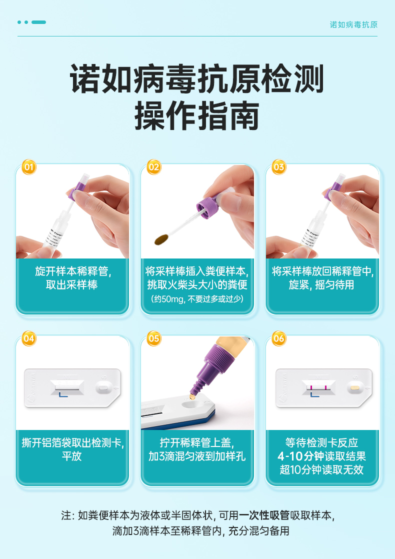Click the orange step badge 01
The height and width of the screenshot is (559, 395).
pos(29,167)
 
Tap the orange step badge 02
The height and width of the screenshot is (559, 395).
pos(154,167)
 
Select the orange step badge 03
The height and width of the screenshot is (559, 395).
pos(279,167)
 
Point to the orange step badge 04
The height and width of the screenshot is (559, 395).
pos(29,338)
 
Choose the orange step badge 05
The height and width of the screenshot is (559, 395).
pos(154,338)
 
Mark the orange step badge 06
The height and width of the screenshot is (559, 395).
pos(279,338)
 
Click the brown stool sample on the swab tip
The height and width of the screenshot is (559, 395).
pos(161,239)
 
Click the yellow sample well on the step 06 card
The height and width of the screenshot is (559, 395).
pos(354,387)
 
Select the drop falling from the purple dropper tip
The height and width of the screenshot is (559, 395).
pos(192,396)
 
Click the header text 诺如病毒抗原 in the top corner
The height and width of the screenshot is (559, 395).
pos(353,24)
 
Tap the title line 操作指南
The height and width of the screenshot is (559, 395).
pos(197,115)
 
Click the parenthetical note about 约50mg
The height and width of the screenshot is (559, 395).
pos(197,299)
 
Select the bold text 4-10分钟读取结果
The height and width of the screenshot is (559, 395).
pos(321,456)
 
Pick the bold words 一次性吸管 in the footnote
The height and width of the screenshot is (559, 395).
pos(264,515)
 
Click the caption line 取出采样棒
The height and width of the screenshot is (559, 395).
pos(71,285)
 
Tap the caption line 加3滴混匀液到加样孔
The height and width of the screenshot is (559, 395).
pos(197,456)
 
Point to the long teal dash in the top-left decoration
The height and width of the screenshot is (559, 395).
pos(38,22)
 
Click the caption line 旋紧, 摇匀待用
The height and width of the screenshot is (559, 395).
pos(321,285)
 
